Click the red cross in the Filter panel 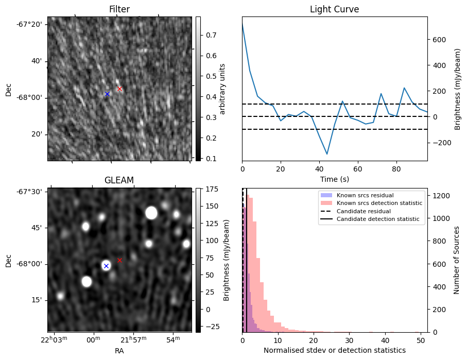tap(119, 89)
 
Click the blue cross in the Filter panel tap(107, 94)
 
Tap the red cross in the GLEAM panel tap(119, 260)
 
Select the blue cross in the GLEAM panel tap(106, 266)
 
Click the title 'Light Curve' tap(334, 9)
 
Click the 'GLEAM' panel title tap(119, 180)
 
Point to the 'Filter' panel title tap(119, 9)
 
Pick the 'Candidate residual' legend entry tap(365, 211)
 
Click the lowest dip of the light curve tap(327, 154)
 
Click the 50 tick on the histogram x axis tap(421, 340)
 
